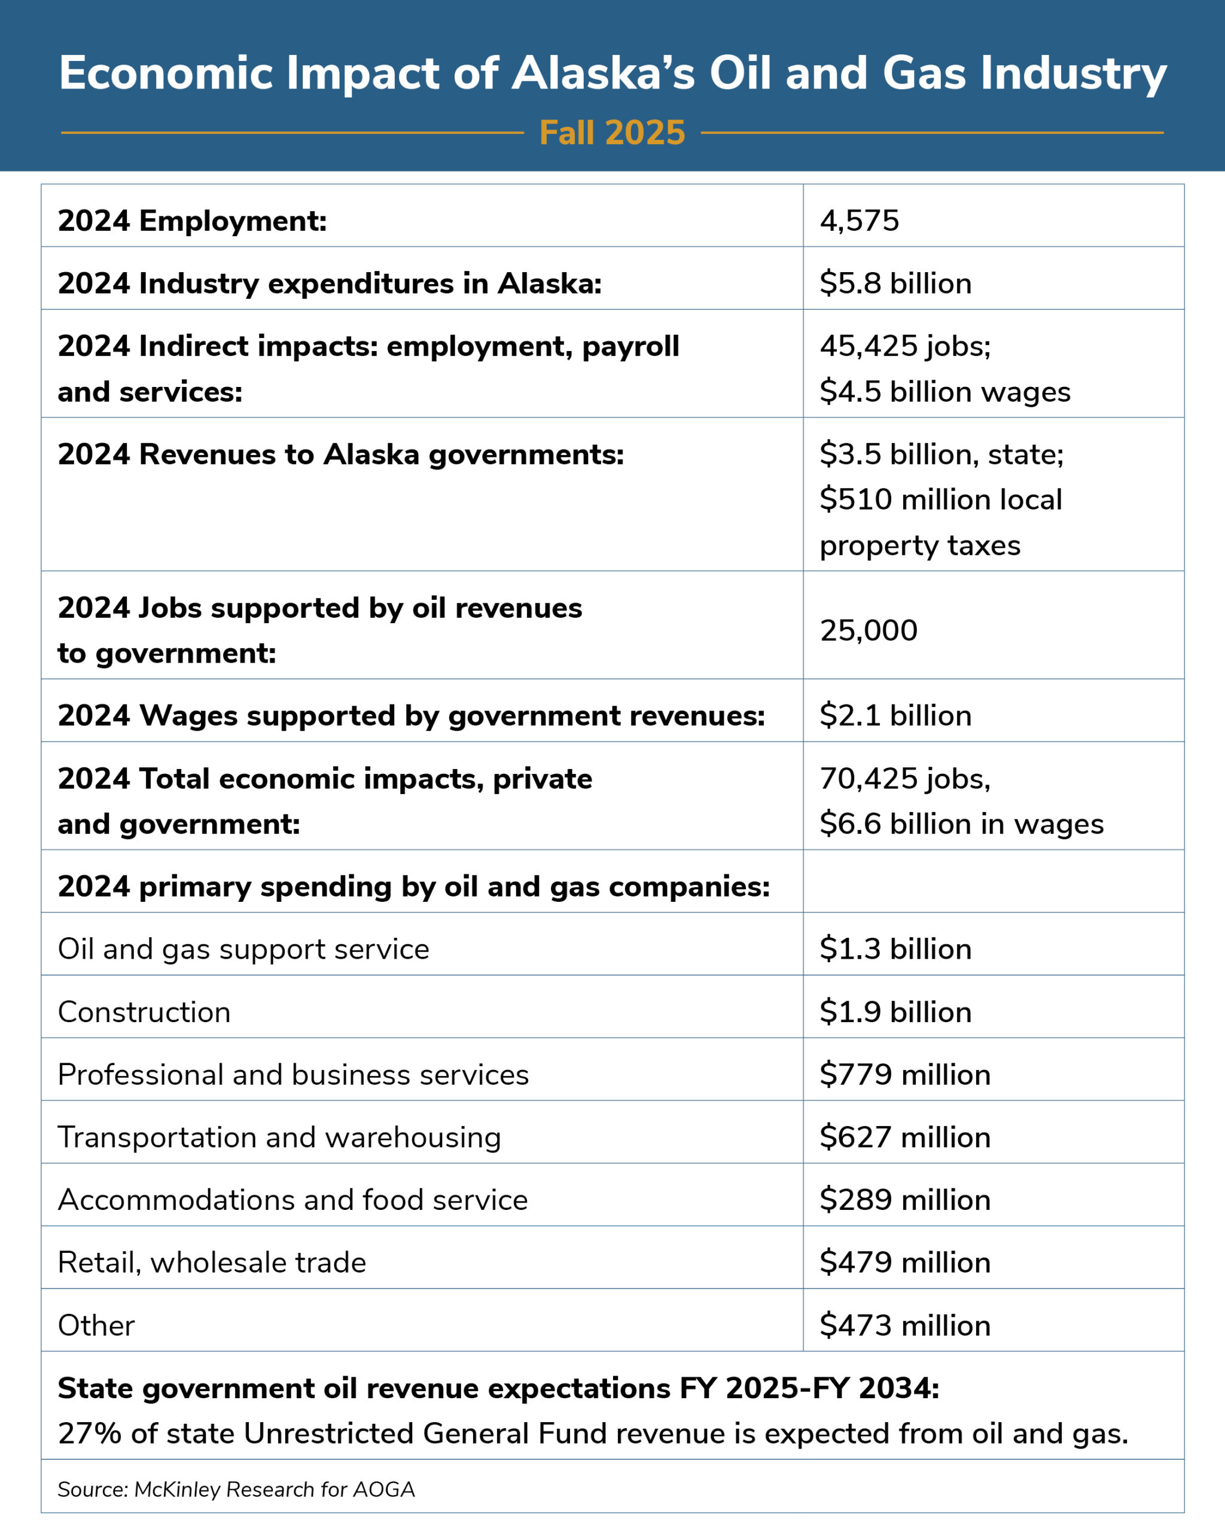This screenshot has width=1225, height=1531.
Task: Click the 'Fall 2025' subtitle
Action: (x=612, y=133)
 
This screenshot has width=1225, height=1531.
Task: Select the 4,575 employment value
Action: (x=860, y=221)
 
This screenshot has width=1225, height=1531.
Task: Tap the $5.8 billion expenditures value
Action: (x=895, y=283)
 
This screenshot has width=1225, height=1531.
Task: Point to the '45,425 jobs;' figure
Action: (x=906, y=346)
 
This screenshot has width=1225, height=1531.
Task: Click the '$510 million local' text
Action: (x=941, y=499)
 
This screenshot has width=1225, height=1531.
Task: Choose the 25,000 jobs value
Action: (x=869, y=630)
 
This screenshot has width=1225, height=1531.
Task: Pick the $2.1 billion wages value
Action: (x=895, y=715)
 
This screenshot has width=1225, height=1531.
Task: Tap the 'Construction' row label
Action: (x=144, y=1012)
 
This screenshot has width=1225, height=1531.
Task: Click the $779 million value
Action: (x=906, y=1075)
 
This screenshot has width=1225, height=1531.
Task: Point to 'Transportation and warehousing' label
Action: (x=279, y=1137)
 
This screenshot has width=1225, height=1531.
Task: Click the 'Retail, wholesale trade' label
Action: (x=212, y=1262)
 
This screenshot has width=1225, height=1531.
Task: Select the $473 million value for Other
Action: (x=906, y=1325)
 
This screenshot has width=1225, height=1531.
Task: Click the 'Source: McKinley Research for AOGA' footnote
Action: (x=236, y=1489)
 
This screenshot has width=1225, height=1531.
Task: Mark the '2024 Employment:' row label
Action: (x=192, y=221)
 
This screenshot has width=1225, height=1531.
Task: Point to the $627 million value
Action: (x=906, y=1137)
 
